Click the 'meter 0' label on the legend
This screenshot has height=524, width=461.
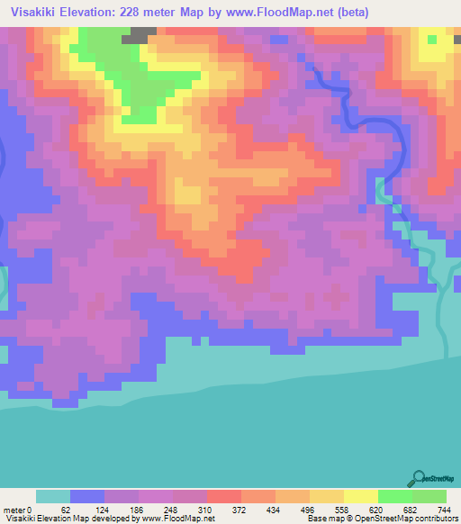pyautogui.click(x=17, y=510)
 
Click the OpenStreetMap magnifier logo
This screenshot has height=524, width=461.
pyautogui.click(x=419, y=479)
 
